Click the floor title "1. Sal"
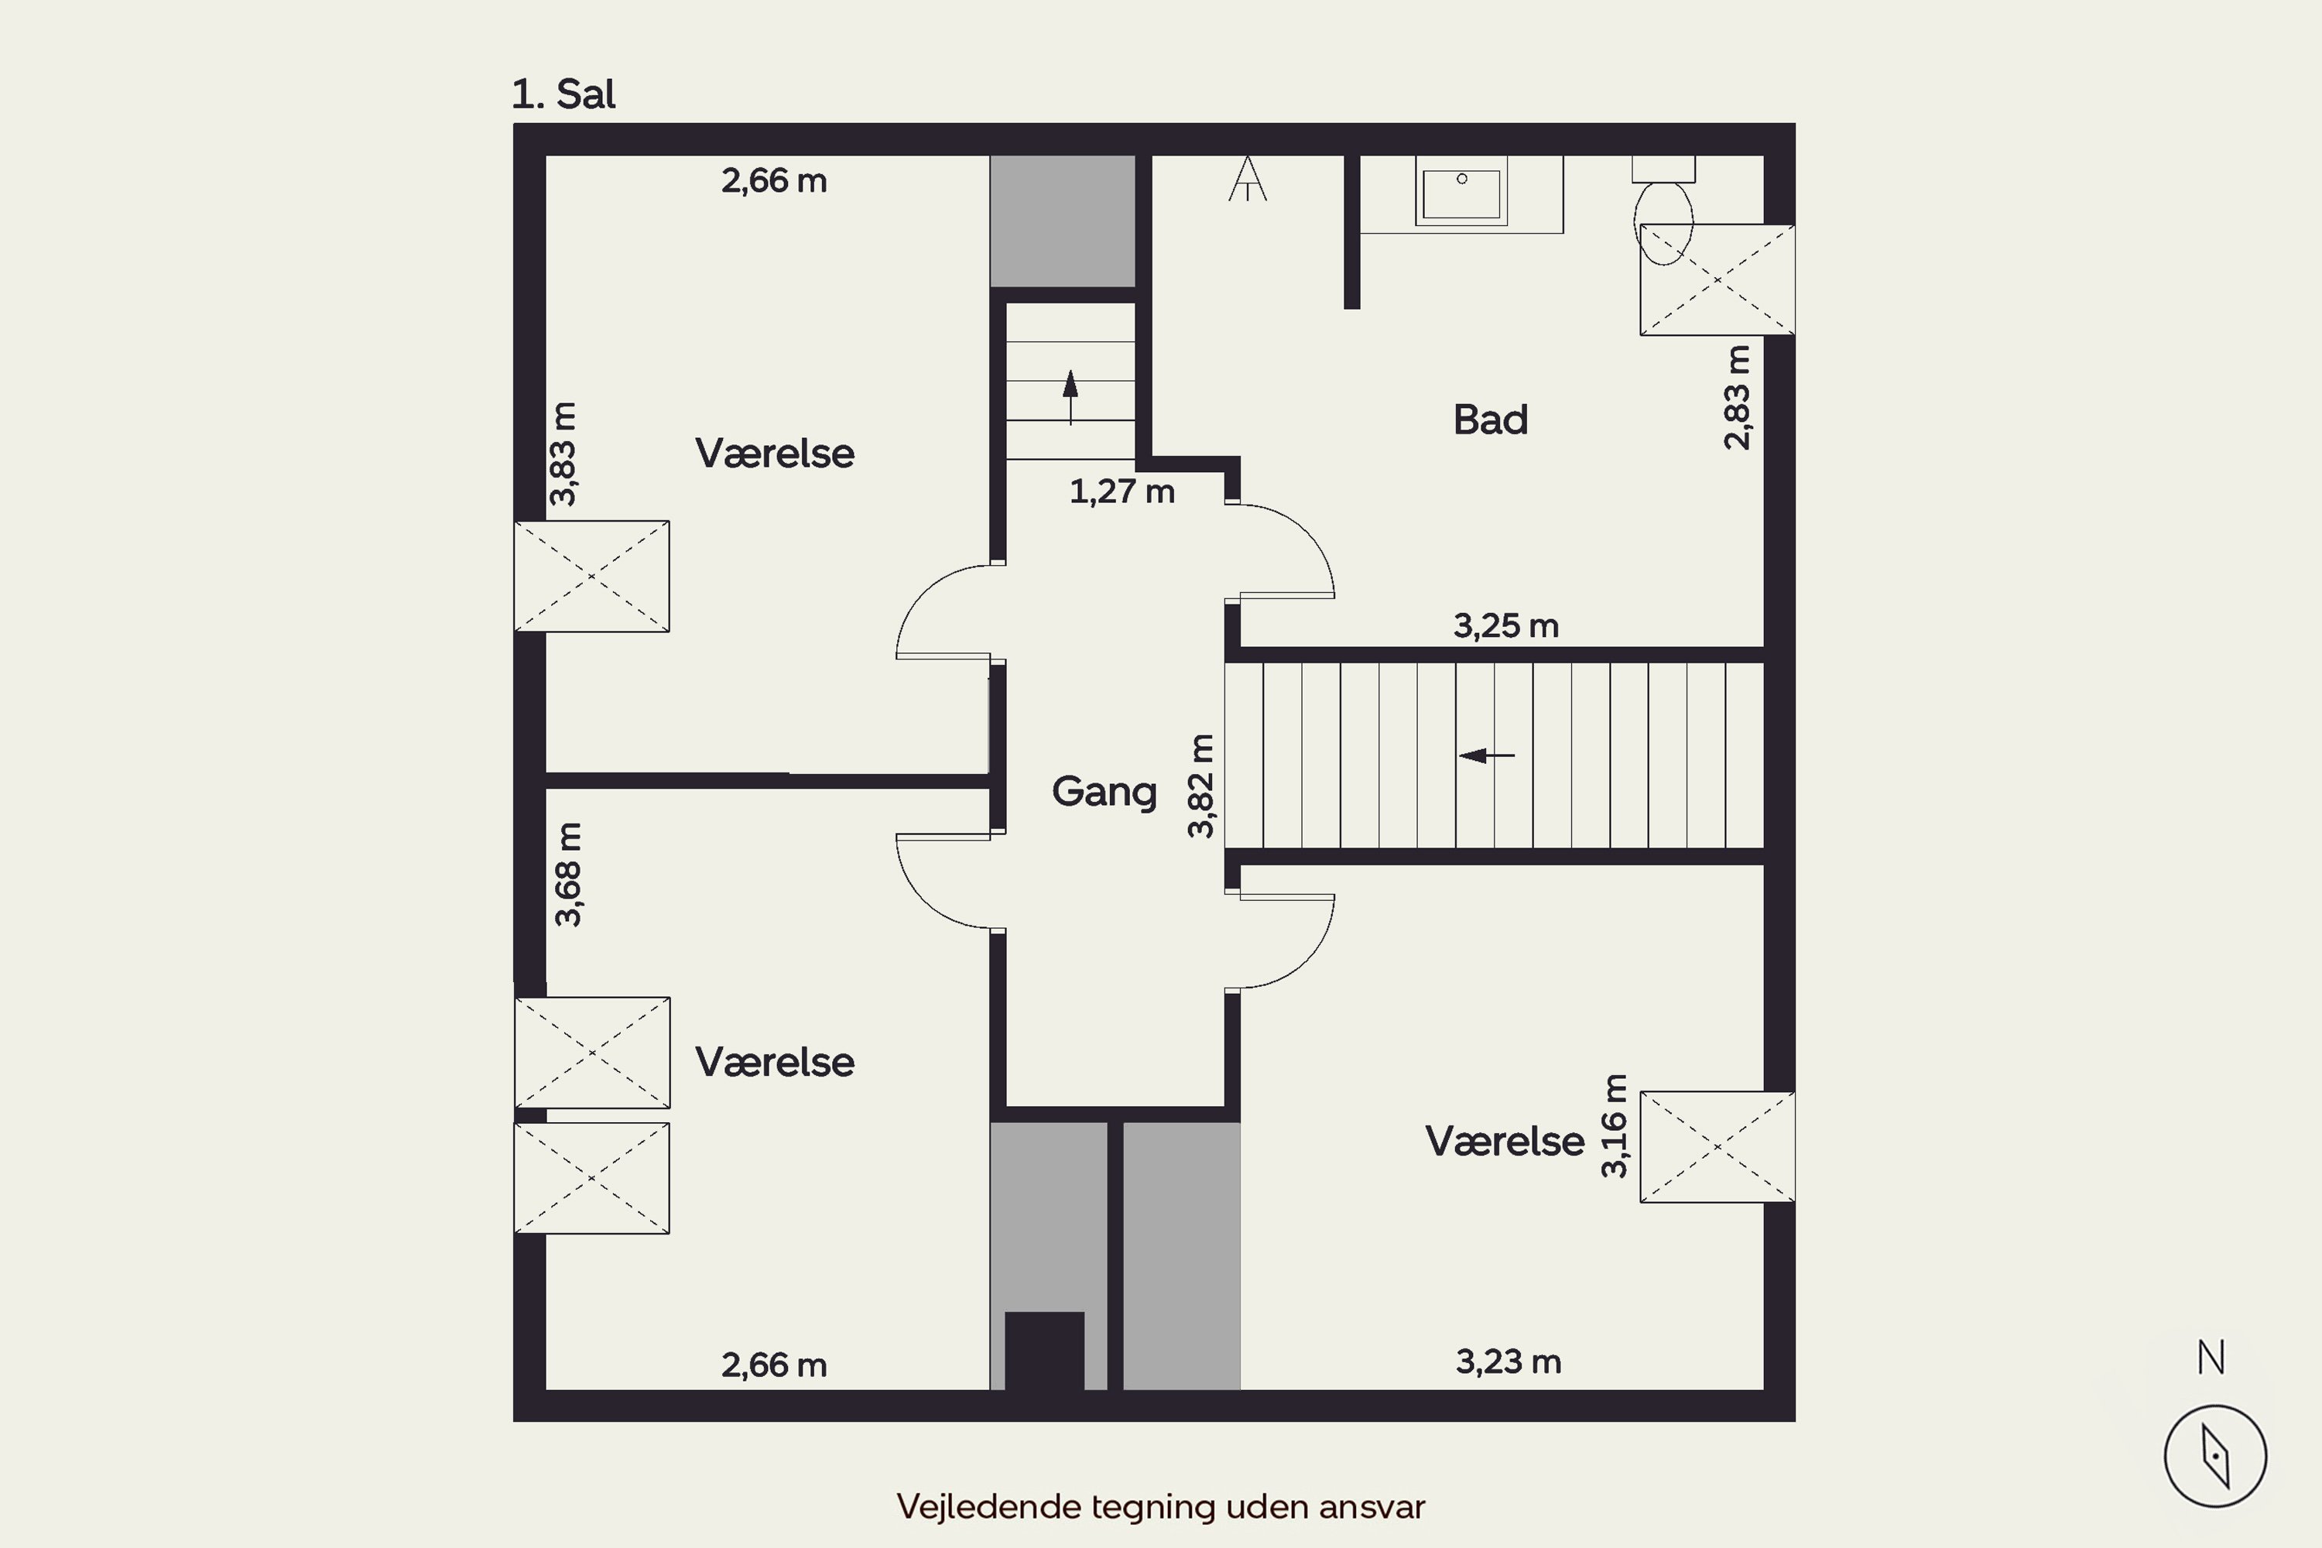point(563,94)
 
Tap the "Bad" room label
point(1490,420)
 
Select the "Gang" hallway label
point(1104,793)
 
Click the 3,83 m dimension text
point(563,454)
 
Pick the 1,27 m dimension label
point(1122,491)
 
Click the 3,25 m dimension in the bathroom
point(1505,626)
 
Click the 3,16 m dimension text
point(1613,1126)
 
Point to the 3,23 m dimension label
point(1509,1362)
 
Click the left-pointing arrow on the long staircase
point(1487,756)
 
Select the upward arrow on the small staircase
point(1070,397)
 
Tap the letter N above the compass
point(2211,1358)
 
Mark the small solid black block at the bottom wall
point(1044,1351)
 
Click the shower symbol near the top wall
point(1248,179)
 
